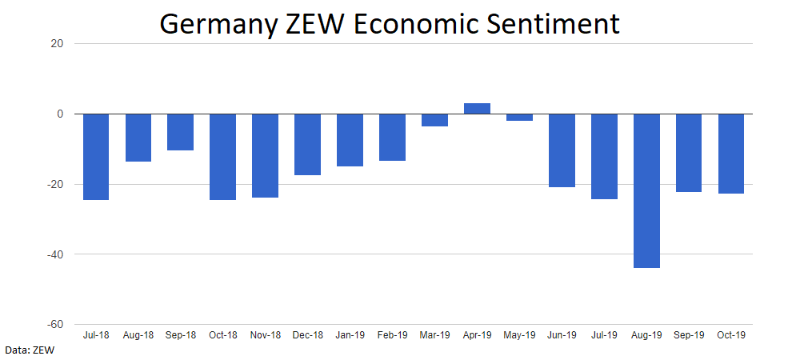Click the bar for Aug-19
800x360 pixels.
[x=646, y=190]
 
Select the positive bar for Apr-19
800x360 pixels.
[x=477, y=109]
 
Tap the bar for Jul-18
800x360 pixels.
[x=96, y=157]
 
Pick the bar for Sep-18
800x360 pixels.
[x=180, y=132]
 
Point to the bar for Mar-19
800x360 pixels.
[x=434, y=120]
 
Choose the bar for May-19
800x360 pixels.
[x=519, y=118]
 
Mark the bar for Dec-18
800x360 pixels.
[x=307, y=144]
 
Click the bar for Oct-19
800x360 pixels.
[x=731, y=154]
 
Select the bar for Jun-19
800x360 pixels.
[x=562, y=150]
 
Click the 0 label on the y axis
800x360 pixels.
[x=60, y=114]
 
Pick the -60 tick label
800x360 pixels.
[x=54, y=325]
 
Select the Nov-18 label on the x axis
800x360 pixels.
[x=265, y=335]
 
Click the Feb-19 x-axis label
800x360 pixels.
[x=392, y=335]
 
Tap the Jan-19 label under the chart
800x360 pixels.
[x=350, y=335]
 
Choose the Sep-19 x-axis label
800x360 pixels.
[x=689, y=335]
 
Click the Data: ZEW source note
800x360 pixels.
[x=26, y=350]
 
